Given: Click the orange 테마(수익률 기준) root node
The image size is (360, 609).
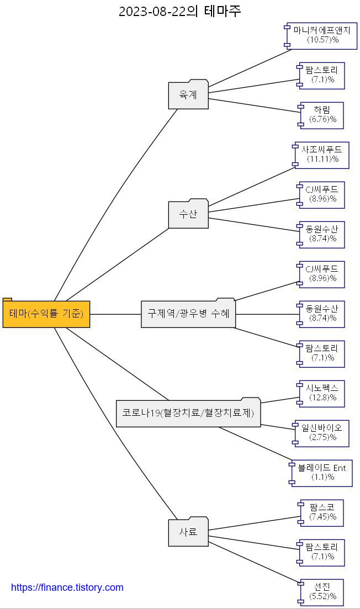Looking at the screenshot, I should pyautogui.click(x=46, y=314).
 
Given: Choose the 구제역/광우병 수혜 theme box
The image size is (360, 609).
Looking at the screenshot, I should pyautogui.click(x=188, y=314).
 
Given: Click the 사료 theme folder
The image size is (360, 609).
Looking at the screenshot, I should pyautogui.click(x=188, y=533).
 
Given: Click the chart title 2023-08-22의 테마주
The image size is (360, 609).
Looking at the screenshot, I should pyautogui.click(x=180, y=11).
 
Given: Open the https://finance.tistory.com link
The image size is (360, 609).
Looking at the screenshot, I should pyautogui.click(x=67, y=587).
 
